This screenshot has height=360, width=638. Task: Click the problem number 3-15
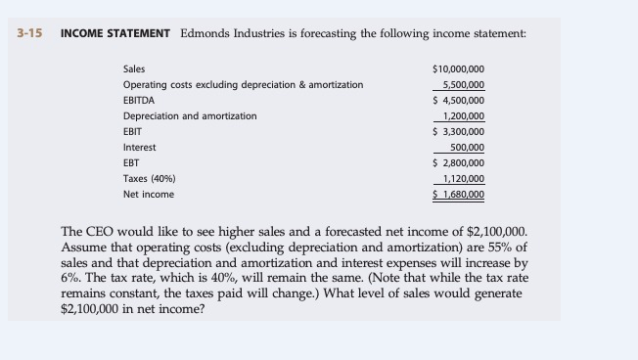(30, 33)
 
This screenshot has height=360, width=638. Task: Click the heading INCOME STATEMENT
(115, 33)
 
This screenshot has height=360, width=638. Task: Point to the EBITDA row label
(138, 100)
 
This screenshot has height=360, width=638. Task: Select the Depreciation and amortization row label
(190, 115)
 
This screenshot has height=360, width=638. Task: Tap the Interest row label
(139, 147)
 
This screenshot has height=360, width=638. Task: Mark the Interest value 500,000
(468, 147)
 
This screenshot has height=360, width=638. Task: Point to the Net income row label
(148, 194)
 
